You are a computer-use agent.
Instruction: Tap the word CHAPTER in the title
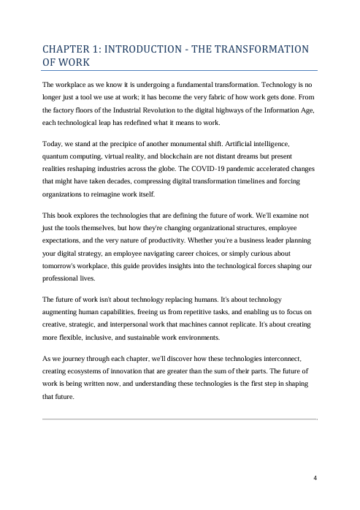click(x=69, y=50)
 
